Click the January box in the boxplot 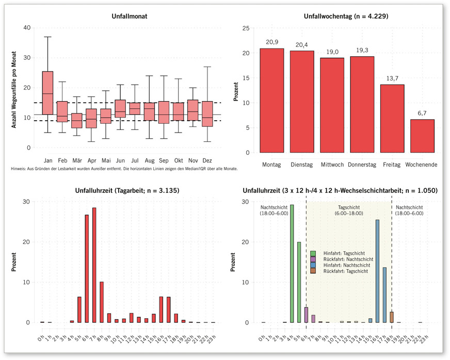(47, 93)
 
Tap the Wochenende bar (422, 136)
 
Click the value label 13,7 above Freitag (392, 77)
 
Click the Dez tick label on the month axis (207, 160)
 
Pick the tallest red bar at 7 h (94, 265)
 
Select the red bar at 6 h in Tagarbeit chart (87, 269)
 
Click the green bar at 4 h (292, 264)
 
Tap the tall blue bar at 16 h (377, 271)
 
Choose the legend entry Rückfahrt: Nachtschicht (346, 259)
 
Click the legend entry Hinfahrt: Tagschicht (343, 253)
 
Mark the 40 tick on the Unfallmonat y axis (27, 28)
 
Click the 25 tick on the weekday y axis (246, 28)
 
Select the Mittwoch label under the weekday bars (332, 165)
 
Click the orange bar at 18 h (392, 317)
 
